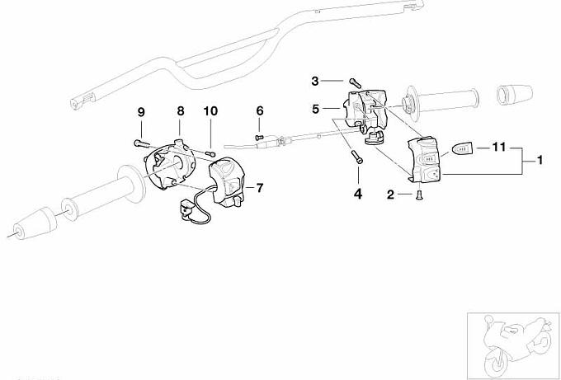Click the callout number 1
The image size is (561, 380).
(x=540, y=159)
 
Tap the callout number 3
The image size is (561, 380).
(x=314, y=81)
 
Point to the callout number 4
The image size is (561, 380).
(x=358, y=194)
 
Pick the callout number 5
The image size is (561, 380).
(x=314, y=108)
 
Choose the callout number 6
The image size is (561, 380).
(x=259, y=110)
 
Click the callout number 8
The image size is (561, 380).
(x=180, y=111)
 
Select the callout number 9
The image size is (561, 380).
(x=140, y=111)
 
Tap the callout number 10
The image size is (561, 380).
(x=210, y=111)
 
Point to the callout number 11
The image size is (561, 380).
(x=497, y=148)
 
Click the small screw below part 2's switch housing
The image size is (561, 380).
(x=418, y=194)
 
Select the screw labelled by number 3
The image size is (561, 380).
(x=354, y=81)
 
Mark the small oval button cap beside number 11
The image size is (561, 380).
(x=462, y=149)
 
